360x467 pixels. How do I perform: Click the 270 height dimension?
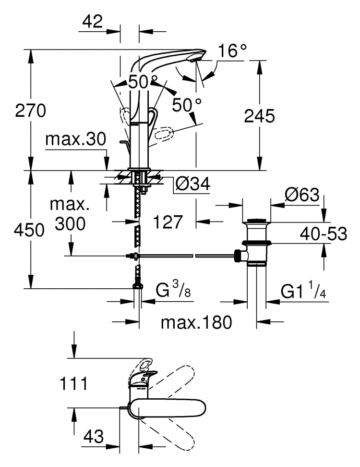tap(31, 111)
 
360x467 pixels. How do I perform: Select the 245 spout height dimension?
tap(259, 116)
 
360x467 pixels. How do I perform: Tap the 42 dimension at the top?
tap(93, 22)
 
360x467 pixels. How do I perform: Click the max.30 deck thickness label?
tap(75, 139)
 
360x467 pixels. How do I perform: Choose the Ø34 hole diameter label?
tap(192, 184)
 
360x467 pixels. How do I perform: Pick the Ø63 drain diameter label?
tap(302, 195)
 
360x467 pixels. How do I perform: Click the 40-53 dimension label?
tap(323, 234)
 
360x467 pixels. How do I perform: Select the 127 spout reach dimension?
tap(168, 222)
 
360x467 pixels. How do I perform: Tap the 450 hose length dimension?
tap(29, 230)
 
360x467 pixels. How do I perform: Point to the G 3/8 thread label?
tap(173, 290)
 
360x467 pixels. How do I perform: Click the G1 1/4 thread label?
tap(303, 291)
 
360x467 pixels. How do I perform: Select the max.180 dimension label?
tap(196, 322)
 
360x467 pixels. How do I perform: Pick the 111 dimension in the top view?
tap(74, 383)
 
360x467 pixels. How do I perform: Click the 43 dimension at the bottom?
tap(94, 436)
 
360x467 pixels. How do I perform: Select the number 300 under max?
tap(70, 223)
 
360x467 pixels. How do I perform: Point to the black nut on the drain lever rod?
tap(238, 256)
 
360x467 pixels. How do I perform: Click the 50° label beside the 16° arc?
tap(187, 105)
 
